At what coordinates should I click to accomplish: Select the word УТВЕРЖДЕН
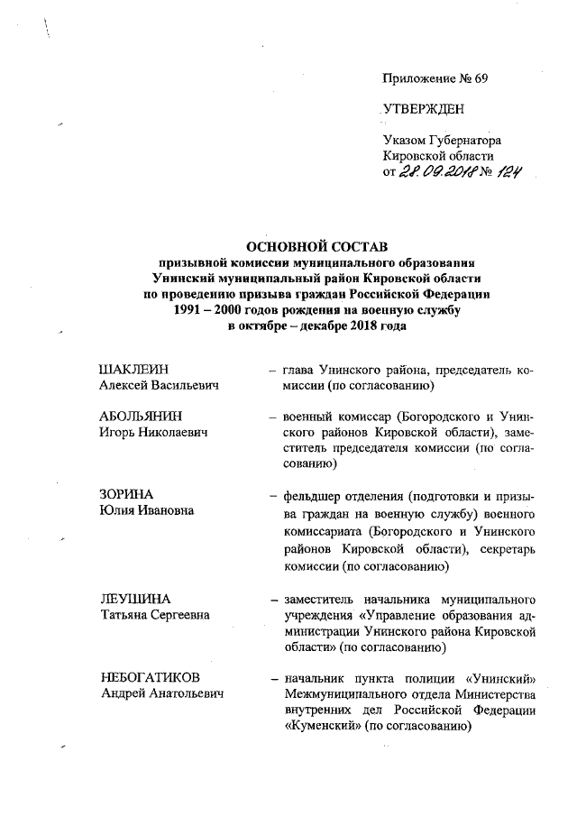coord(424,110)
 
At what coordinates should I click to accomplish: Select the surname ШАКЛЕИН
coord(133,370)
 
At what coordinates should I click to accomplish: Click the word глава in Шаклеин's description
coord(299,370)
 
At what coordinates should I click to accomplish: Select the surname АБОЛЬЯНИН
coord(140,417)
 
